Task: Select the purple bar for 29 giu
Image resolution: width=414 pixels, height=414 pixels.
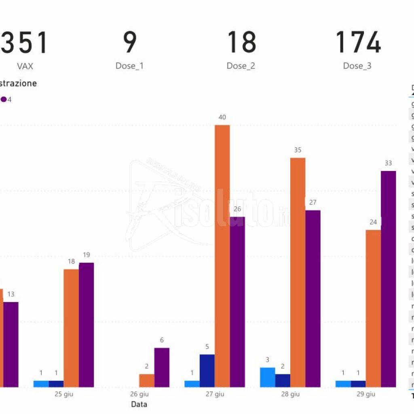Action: coord(388,279)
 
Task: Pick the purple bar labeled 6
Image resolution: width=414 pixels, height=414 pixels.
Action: coord(162,367)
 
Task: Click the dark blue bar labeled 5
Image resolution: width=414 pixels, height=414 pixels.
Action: coord(207,370)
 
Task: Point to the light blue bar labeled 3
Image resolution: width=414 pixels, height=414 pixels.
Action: coord(267,377)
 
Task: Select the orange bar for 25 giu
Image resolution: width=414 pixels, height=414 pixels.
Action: coord(71,328)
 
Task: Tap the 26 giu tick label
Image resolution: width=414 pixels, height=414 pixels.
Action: coord(139,394)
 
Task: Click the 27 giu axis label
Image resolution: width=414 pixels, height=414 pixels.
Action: coord(214,394)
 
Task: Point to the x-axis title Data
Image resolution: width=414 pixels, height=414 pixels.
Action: coord(139,404)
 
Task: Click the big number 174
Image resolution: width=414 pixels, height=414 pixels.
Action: coord(358,42)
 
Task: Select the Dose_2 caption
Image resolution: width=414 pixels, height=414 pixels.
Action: coord(241,66)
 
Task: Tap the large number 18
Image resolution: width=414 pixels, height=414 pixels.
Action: coord(241,42)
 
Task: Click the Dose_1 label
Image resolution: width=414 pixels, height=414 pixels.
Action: coord(129,66)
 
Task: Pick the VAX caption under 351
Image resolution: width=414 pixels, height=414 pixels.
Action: coord(25,66)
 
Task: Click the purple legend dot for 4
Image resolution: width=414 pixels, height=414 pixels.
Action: coord(3,99)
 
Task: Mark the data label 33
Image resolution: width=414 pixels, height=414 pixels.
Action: coord(388,163)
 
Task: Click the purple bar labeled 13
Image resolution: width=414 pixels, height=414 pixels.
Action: coord(11,344)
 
